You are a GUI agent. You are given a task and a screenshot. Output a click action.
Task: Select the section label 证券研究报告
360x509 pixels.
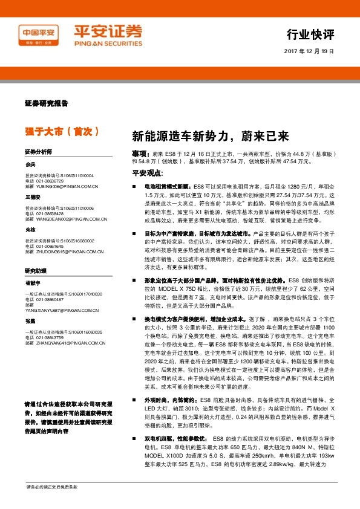click(x=47, y=104)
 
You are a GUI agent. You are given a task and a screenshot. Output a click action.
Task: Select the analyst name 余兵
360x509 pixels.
click(x=30, y=164)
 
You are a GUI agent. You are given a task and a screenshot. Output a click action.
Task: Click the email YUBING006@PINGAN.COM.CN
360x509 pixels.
click(x=66, y=187)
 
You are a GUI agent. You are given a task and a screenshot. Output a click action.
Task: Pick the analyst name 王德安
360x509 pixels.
click(x=33, y=196)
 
